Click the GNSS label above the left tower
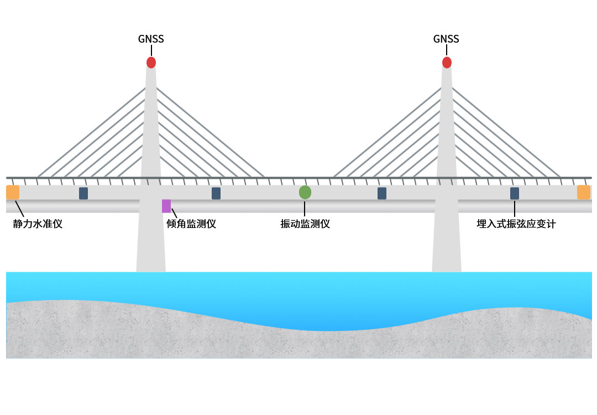coord(151,39)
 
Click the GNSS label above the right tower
coord(446,39)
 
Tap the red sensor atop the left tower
coord(151,63)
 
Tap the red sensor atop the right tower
coord(447,63)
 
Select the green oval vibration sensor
coord(305,193)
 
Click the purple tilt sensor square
coord(166,206)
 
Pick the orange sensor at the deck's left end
coord(13,193)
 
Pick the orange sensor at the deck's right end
coord(584,193)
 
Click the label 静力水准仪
coord(38,224)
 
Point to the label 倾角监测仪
coord(191,224)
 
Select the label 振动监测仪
coord(305,224)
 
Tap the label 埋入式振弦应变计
coord(516,224)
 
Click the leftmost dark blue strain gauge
coord(83,193)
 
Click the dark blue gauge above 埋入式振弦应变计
coord(515,193)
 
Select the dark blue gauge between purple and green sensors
coord(216,193)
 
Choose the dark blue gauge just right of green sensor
coord(382,193)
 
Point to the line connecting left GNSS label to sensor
coord(151,51)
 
